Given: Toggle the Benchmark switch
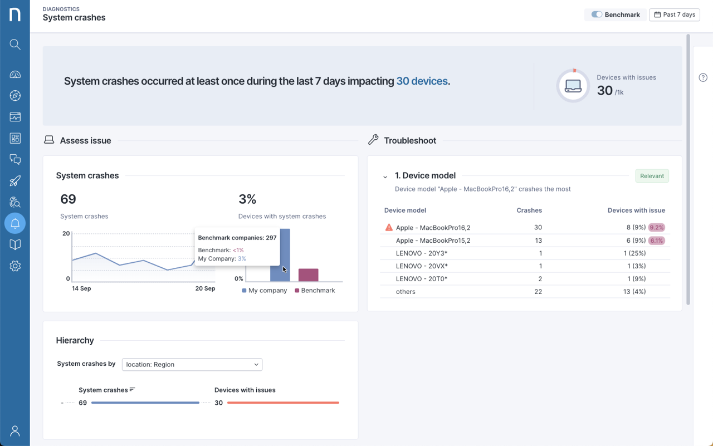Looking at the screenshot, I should [x=597, y=14].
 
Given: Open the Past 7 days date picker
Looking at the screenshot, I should [x=674, y=14].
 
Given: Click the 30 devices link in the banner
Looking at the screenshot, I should [x=422, y=81].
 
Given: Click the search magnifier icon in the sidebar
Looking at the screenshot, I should [x=15, y=45].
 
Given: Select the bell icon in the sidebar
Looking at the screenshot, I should [x=15, y=223].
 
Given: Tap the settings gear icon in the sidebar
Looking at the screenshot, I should [x=15, y=266].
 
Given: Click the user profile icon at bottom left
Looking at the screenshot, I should [x=15, y=431].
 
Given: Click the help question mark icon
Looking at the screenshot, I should [x=703, y=77].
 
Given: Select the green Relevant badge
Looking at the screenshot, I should [x=652, y=176].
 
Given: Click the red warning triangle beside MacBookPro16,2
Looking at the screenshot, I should [x=389, y=228].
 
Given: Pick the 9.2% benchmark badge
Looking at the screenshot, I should [x=657, y=228].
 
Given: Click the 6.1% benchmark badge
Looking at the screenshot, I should [x=657, y=241].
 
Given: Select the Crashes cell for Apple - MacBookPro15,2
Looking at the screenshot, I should [x=538, y=241].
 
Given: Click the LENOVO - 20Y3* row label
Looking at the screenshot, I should [x=422, y=253].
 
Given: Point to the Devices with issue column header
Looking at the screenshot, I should [x=636, y=210].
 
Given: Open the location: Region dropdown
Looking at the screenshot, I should [x=192, y=365].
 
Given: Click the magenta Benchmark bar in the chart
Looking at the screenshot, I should [x=308, y=275].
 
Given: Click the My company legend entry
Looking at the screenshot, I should [x=265, y=291].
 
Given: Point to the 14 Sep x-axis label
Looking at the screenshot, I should [x=81, y=289].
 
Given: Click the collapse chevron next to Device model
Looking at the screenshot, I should [x=385, y=177].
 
